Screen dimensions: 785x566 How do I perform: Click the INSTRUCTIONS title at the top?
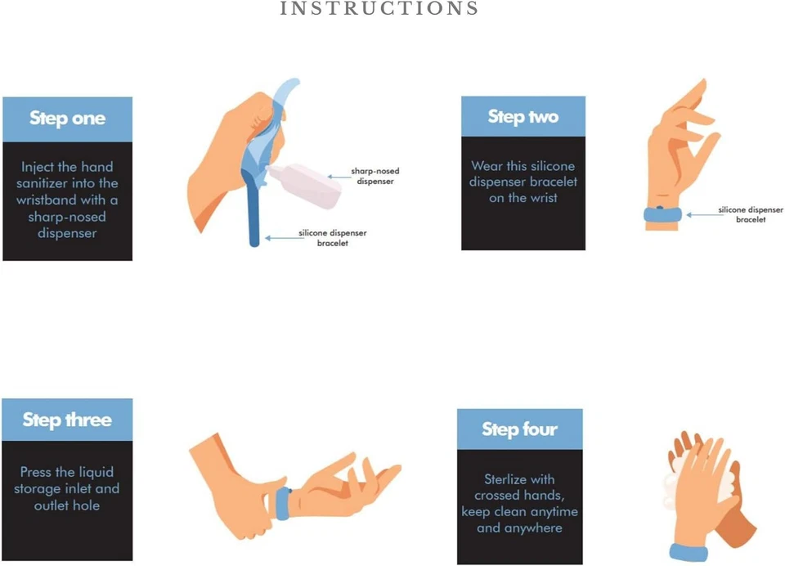point(379,8)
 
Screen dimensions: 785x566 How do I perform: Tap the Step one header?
point(67,119)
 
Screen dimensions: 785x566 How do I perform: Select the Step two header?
point(523,116)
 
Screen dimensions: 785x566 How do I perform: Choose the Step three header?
point(67,420)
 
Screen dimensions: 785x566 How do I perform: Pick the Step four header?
point(520,429)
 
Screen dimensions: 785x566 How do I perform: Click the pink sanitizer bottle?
point(305,186)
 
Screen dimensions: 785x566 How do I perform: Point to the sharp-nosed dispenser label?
point(375,176)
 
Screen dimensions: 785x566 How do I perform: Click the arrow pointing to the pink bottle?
point(339,177)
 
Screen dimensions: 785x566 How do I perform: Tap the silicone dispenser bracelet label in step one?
point(333,238)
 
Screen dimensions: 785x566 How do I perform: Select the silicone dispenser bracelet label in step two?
point(751,214)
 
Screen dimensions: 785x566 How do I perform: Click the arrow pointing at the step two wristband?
point(701,215)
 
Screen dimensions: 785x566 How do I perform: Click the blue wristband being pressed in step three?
point(283,503)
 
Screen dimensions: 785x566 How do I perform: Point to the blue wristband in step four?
point(689,552)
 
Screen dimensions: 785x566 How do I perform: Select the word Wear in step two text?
point(487,166)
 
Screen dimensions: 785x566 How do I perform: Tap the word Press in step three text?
point(35,472)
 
